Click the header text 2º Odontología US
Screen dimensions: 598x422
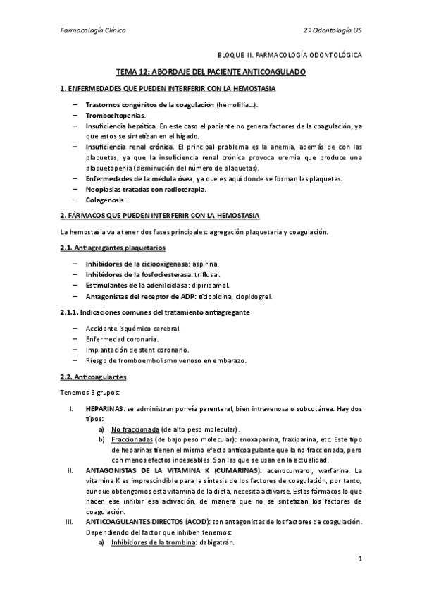(x=333, y=30)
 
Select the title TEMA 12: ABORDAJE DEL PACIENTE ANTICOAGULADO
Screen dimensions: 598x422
(x=211, y=73)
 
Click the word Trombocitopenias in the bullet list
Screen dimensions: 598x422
(x=116, y=115)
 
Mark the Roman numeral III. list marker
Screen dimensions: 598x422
(x=69, y=522)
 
